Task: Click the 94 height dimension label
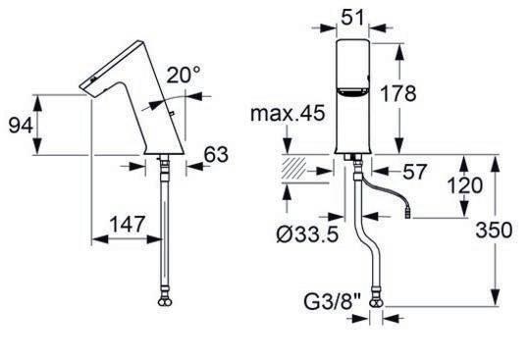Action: point(21,125)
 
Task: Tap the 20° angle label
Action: point(184,75)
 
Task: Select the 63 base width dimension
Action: point(216,155)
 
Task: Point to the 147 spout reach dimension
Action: point(128,224)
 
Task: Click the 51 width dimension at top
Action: point(353,17)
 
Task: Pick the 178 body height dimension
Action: point(398,93)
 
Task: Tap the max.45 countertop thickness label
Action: point(288,113)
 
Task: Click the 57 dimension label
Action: point(415,172)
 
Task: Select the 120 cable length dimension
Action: point(465,185)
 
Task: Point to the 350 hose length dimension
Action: point(494,231)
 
